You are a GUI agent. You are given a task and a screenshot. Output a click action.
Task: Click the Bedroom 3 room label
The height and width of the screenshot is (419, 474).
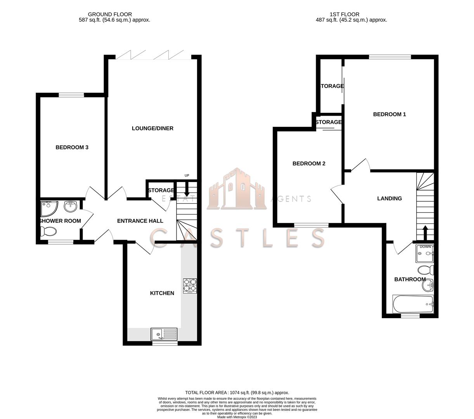pyautogui.click(x=72, y=147)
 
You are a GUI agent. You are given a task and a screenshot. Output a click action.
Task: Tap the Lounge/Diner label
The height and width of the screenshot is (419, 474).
pyautogui.click(x=152, y=128)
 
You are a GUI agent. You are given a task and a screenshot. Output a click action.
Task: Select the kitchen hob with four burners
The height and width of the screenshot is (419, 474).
pyautogui.click(x=190, y=286)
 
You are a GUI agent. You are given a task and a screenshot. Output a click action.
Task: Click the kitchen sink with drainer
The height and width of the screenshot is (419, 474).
pyautogui.click(x=164, y=334)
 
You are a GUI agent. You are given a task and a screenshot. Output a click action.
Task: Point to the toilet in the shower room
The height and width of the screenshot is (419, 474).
pyautogui.click(x=48, y=232)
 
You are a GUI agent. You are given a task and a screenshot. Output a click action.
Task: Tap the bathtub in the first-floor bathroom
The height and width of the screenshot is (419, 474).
pyautogui.click(x=413, y=305)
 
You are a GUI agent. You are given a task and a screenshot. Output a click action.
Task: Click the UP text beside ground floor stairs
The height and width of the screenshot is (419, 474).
pyautogui.click(x=187, y=176)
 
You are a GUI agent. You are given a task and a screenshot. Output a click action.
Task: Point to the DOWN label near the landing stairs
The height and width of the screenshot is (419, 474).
pyautogui.click(x=425, y=247)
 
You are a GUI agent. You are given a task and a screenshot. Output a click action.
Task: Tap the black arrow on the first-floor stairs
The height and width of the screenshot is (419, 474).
pyautogui.click(x=425, y=233)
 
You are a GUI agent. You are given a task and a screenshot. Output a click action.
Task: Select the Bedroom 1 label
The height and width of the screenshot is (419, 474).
pyautogui.click(x=389, y=114)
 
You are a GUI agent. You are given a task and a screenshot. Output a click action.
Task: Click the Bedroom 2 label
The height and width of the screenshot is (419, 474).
pyautogui.click(x=309, y=164)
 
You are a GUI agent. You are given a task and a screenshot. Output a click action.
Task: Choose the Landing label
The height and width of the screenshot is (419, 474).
pyautogui.click(x=389, y=199)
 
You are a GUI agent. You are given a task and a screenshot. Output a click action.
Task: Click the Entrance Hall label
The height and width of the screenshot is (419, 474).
pyautogui.click(x=140, y=221)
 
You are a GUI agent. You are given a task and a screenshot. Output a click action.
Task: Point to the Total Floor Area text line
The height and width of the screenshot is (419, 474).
pyautogui.click(x=237, y=393)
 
